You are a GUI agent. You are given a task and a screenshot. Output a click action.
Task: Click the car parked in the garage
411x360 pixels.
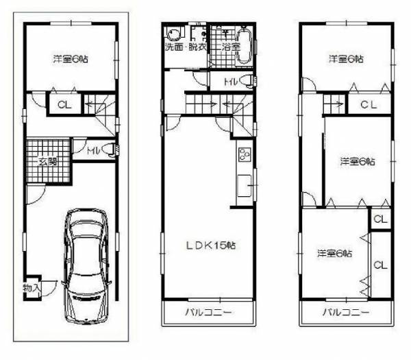[x=86, y=266]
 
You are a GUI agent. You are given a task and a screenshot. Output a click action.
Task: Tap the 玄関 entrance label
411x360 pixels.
[x=48, y=162]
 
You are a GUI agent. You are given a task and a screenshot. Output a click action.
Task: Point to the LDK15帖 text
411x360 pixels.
[x=211, y=245]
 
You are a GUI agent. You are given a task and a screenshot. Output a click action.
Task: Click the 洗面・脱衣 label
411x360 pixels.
[x=186, y=47]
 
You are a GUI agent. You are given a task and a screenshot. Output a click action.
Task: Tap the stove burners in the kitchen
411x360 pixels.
[x=245, y=154]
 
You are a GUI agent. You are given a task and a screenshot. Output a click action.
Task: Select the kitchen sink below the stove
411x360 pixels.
[x=244, y=185]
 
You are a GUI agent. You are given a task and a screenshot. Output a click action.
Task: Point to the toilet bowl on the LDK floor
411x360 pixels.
[x=247, y=81]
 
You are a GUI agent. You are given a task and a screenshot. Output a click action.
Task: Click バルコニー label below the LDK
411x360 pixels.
[x=209, y=312]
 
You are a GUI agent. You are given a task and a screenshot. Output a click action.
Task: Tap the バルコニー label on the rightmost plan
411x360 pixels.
[x=346, y=312]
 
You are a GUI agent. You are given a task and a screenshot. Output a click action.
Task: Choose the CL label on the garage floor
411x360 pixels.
[x=64, y=105]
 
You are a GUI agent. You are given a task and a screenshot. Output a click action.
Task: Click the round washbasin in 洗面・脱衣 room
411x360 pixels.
[x=173, y=34]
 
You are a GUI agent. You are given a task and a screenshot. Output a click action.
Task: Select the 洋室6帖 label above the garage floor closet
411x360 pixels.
[x=71, y=59]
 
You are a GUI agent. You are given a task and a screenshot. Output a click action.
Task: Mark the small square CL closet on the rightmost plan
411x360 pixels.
[x=380, y=219]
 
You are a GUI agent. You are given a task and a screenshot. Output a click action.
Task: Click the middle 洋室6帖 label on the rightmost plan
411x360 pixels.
[x=358, y=161]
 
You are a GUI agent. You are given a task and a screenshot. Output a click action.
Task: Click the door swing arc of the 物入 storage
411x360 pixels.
[x=51, y=291]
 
